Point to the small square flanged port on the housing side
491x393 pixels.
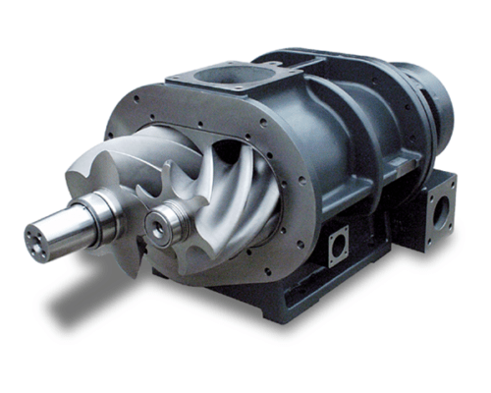click(x=339, y=244)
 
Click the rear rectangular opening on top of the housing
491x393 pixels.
click(x=295, y=61)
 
